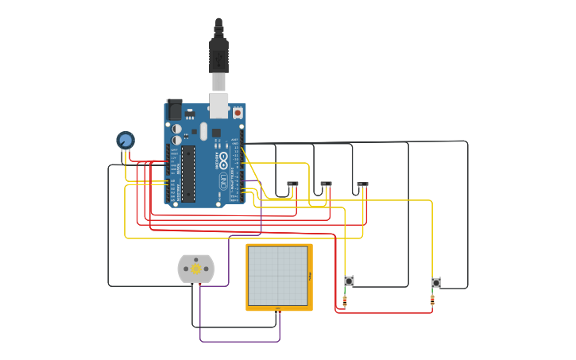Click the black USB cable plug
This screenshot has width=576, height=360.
click(218, 52)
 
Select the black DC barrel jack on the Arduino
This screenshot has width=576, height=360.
click(174, 110)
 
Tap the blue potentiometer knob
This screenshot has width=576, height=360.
click(126, 141)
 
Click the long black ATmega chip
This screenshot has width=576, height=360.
click(188, 173)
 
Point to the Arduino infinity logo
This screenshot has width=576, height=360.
click(224, 160)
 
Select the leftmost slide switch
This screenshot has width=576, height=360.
click(292, 184)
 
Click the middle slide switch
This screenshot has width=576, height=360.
click(326, 184)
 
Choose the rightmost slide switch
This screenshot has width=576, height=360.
click(362, 185)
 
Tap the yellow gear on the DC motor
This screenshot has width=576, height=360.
click(196, 269)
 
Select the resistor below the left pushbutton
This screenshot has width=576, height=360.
click(345, 300)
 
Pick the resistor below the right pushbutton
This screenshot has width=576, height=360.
click(432, 300)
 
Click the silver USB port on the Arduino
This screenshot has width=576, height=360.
click(218, 105)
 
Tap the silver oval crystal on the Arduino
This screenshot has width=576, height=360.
click(203, 131)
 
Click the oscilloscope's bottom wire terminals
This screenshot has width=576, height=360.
click(277, 309)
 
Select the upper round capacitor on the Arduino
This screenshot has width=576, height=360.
click(177, 129)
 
